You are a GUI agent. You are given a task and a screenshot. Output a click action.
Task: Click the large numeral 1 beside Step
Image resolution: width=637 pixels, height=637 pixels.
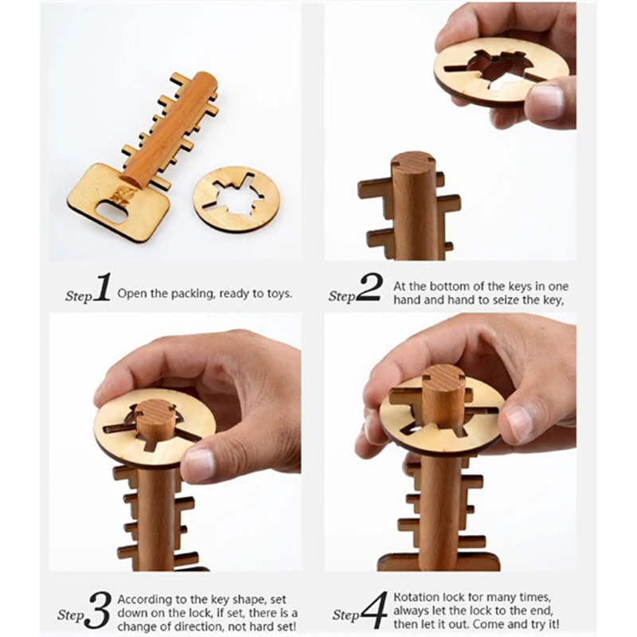pyautogui.click(x=101, y=288)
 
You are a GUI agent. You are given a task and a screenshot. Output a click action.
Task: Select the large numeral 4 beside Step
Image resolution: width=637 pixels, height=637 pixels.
pyautogui.click(x=373, y=611)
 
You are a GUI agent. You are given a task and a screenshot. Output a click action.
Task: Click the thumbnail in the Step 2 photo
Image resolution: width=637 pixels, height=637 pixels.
pyautogui.click(x=547, y=103)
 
